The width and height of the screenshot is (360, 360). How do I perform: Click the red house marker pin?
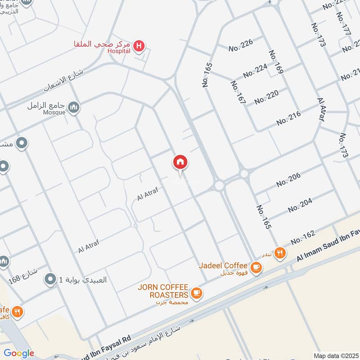180,162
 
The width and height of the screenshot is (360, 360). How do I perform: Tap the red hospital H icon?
139,45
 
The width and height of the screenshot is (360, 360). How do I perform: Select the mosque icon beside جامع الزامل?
74,108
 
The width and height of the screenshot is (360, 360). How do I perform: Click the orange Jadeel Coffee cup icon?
256,267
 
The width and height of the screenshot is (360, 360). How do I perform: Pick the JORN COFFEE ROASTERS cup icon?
196,293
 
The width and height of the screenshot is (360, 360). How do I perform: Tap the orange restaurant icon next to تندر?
280,253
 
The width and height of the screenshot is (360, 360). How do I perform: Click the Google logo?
19,353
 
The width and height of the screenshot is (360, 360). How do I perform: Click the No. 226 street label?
241,44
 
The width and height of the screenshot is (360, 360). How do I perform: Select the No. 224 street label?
255,70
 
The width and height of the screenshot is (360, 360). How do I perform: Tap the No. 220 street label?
266,97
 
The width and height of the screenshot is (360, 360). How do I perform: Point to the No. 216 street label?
288,118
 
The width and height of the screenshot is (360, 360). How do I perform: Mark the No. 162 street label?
302,238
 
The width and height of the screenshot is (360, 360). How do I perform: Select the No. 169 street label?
275,62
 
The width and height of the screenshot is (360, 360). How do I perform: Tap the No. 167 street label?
238,93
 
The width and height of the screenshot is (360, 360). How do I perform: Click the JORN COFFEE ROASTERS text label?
163,291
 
